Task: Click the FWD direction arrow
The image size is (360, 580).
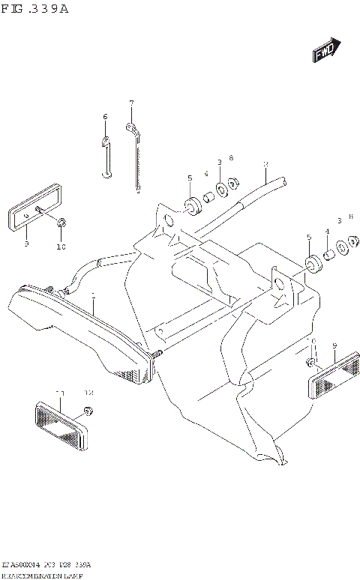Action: [326, 50]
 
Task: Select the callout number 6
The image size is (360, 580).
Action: [105, 116]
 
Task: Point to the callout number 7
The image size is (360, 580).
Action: [130, 103]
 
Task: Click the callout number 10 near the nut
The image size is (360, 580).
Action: [61, 246]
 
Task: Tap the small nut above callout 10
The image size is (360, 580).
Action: [61, 222]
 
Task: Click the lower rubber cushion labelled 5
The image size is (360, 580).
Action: [310, 262]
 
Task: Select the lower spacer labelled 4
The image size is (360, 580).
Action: [328, 256]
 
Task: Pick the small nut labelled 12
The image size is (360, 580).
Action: [87, 409]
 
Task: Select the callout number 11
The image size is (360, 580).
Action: [60, 393]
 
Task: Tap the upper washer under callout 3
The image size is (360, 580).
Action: [220, 189]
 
